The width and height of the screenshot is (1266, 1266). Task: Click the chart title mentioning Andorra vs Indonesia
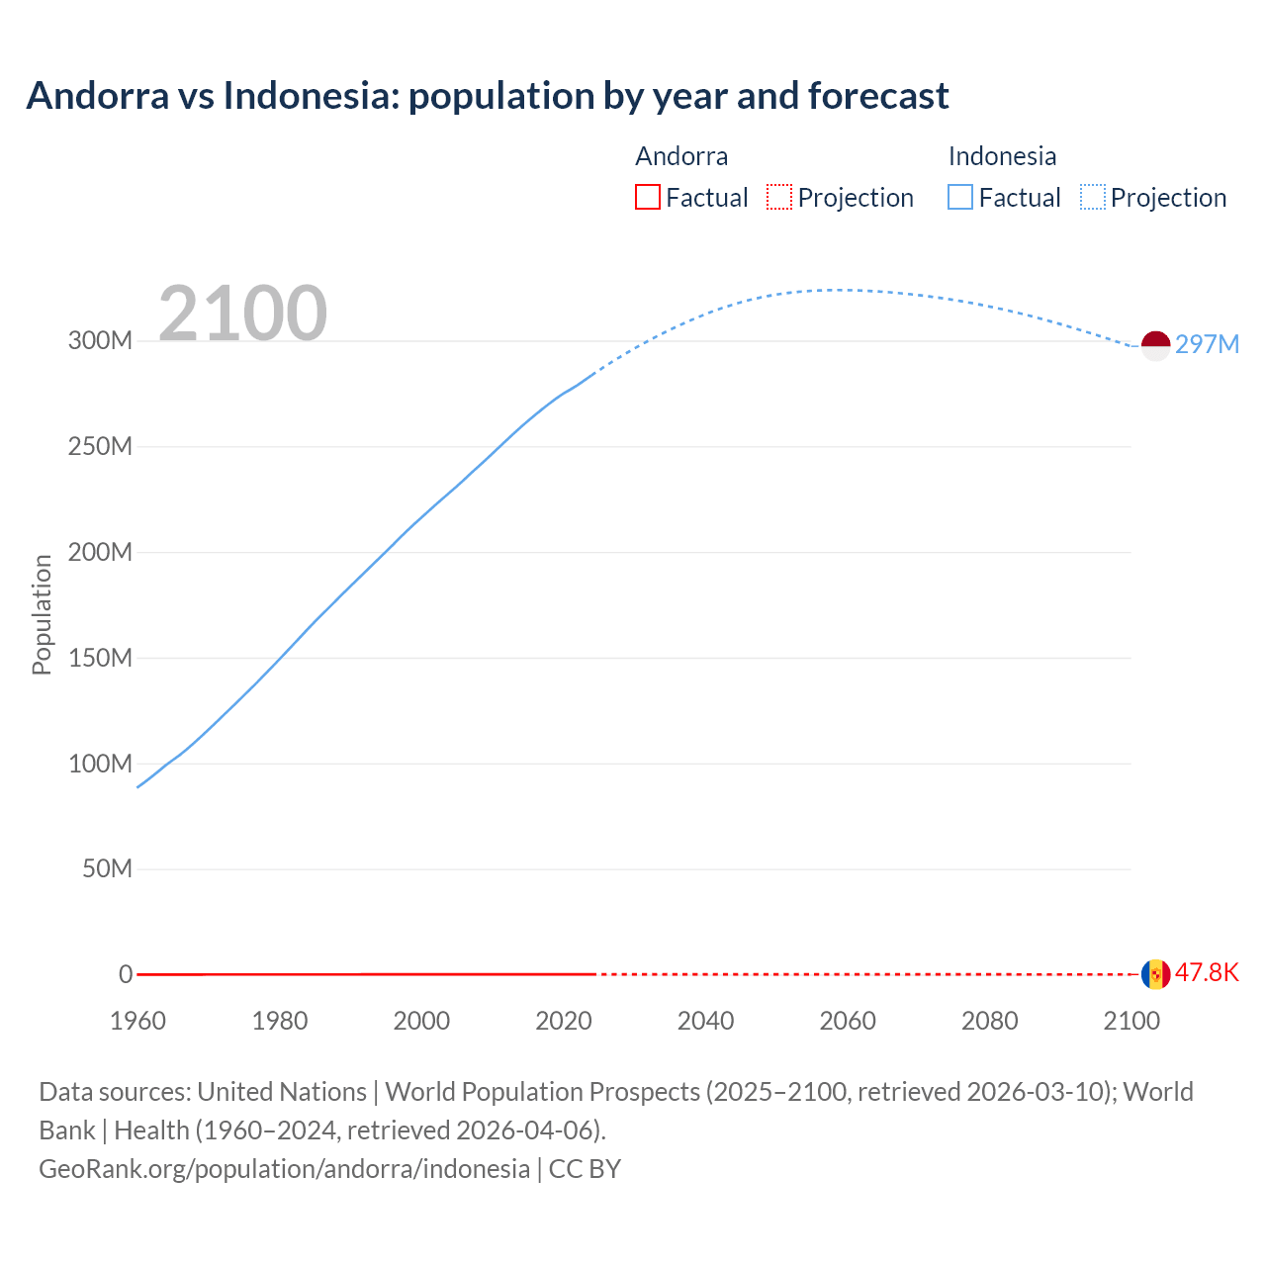coord(488,96)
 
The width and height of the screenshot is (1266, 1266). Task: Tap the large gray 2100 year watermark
coord(242,314)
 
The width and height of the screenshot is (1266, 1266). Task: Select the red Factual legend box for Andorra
coord(648,197)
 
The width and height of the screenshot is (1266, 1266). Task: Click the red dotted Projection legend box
coord(779,197)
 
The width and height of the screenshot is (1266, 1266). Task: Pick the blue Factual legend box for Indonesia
coord(960,197)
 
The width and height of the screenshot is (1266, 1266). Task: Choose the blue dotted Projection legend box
coord(1093,197)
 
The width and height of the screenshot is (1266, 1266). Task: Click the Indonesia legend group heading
coord(1002,156)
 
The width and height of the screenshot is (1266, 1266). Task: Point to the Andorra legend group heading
coord(681,156)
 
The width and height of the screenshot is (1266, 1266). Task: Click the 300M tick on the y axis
coord(100,341)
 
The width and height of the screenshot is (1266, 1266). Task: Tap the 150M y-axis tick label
coord(100,658)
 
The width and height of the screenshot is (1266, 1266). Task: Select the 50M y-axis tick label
coord(107,869)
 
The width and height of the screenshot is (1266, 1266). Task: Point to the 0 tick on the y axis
coord(126,974)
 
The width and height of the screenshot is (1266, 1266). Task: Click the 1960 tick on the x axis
coord(137,1021)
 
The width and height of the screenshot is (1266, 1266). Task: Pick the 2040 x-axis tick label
coord(705,1021)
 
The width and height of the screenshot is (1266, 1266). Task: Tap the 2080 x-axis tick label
coord(989,1021)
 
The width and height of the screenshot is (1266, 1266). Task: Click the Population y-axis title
coord(42,614)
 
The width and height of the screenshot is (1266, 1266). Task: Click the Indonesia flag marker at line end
coord(1155,346)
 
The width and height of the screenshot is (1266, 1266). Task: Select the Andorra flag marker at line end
coord(1155,974)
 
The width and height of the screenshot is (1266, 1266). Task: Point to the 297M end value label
coord(1207,344)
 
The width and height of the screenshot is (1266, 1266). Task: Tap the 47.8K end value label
coord(1207,972)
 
